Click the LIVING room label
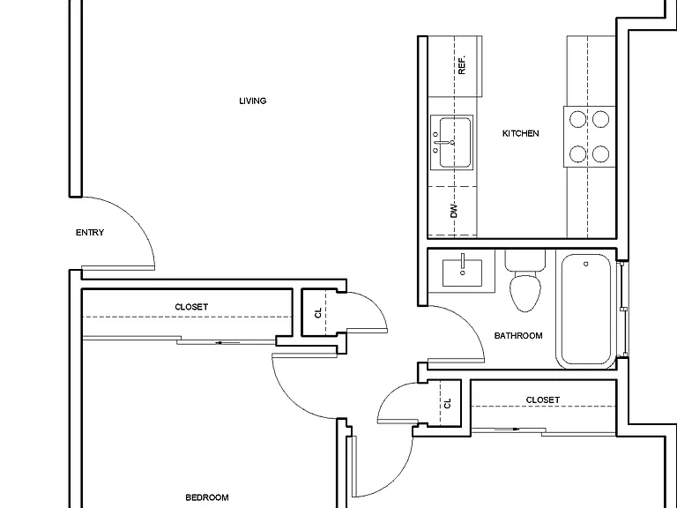253,101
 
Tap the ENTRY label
90,233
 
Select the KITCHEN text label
520,133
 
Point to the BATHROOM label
518,336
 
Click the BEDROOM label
207,497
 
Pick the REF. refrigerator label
462,64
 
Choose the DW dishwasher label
454,211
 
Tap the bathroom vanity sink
463,273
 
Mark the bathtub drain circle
586,264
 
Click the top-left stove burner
577,119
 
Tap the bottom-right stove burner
600,153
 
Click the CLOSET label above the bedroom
191,307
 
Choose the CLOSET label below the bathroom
543,400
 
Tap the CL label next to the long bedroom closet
318,313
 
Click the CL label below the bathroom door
447,403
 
